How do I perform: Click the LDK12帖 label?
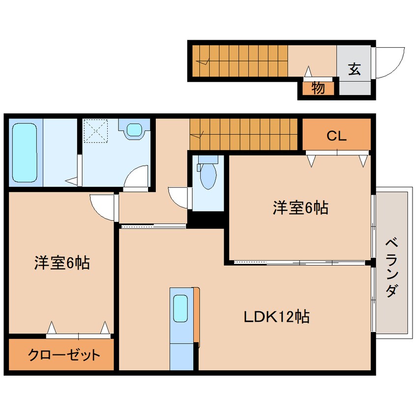click(276, 317)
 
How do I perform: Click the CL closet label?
click(337, 136)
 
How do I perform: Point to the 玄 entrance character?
click(355, 69)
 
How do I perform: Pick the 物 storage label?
click(318, 89)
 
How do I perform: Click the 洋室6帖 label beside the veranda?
click(300, 208)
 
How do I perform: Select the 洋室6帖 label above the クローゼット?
click(61, 263)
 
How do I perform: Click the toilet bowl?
click(208, 175)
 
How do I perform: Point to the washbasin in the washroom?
click(133, 130)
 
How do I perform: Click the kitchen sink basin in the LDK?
click(180, 308)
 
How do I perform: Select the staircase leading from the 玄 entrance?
click(239, 61)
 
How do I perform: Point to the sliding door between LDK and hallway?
click(152, 226)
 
